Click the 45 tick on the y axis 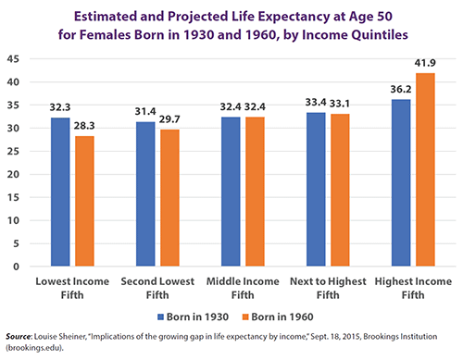tap(15, 59)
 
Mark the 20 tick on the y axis tap(15, 174)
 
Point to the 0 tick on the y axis tap(18, 267)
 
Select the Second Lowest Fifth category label tap(156, 286)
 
